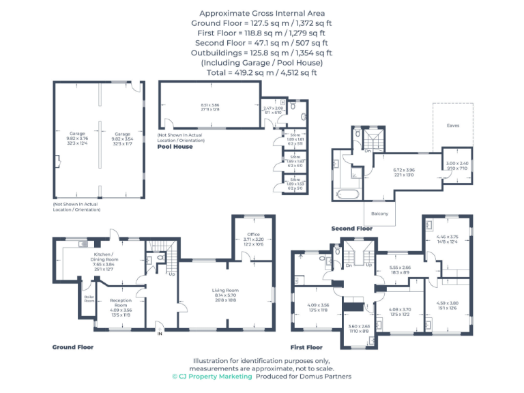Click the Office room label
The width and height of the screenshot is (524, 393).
click(252, 233)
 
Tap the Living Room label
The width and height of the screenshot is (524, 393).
click(226, 290)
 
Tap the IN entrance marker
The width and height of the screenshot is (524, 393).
click(160, 334)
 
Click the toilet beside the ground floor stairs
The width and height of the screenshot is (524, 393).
click(149, 259)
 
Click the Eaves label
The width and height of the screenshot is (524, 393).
click(453, 125)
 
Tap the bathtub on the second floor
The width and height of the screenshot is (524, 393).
click(348, 194)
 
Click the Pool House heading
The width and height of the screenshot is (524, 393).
click(175, 147)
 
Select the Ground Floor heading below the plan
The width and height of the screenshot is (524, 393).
click(73, 347)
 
